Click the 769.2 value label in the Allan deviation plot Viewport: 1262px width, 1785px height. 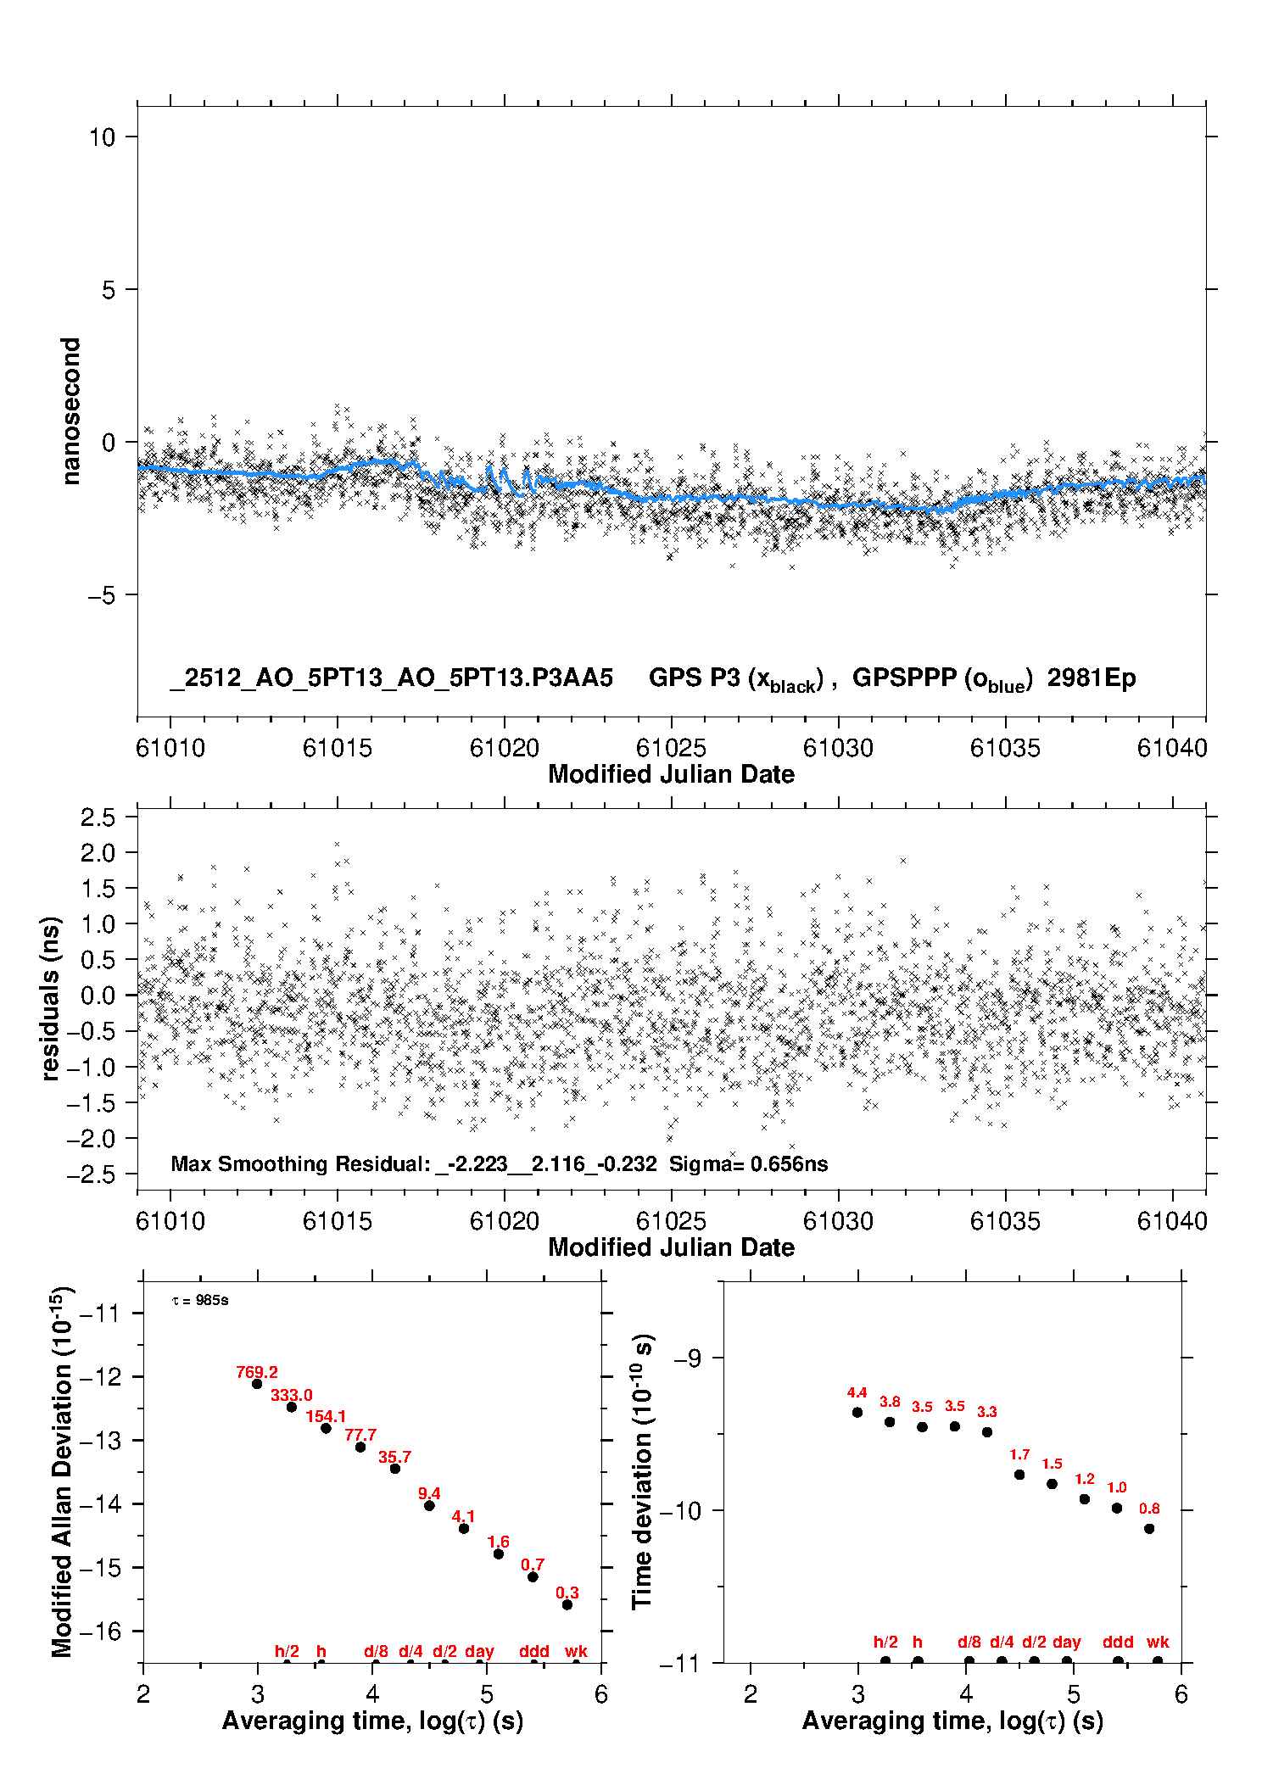coord(257,1372)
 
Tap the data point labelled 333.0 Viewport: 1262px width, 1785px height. coord(292,1407)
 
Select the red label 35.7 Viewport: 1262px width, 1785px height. coord(394,1457)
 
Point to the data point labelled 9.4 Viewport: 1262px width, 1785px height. coord(429,1505)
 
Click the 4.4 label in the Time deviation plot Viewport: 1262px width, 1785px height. coord(857,1392)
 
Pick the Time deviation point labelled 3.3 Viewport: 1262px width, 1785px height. coord(987,1432)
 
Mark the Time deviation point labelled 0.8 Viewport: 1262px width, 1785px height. coord(1149,1529)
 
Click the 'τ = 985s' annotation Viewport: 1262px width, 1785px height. coord(200,1301)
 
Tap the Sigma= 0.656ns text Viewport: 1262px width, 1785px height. coord(748,1163)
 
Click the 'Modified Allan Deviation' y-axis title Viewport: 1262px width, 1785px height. coord(63,1471)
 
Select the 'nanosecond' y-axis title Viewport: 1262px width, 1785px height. coord(70,411)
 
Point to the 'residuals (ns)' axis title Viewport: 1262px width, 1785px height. coord(51,998)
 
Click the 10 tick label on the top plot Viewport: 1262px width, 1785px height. coord(102,137)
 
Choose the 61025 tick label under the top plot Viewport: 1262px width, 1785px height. coord(671,748)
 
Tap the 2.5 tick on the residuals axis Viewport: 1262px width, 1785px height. coord(98,817)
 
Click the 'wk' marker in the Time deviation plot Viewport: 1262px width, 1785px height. coord(1158,1642)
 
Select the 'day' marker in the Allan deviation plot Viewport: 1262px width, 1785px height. coord(479,1651)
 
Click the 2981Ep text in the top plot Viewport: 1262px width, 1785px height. coord(1091,678)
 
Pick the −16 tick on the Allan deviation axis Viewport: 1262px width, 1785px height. coord(100,1631)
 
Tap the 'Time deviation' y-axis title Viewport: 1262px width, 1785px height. coord(643,1471)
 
